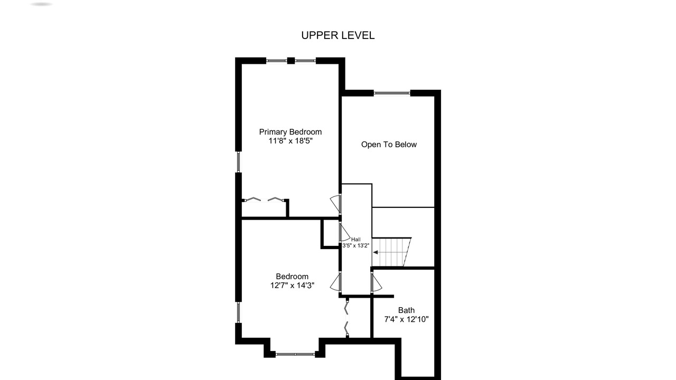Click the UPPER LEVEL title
337,35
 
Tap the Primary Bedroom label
290,132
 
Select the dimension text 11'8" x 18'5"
290,141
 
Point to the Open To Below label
389,145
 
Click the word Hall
356,240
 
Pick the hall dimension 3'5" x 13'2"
356,245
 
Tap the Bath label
406,310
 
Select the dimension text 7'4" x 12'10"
406,319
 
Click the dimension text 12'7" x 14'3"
292,286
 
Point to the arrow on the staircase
375,252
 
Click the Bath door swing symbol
377,282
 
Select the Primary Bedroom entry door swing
335,204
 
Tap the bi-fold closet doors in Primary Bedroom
265,199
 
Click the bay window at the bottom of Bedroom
295,354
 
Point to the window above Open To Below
392,93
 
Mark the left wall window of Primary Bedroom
238,162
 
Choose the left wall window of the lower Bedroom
238,312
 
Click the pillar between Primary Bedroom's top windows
290,61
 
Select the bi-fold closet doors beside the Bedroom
347,318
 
